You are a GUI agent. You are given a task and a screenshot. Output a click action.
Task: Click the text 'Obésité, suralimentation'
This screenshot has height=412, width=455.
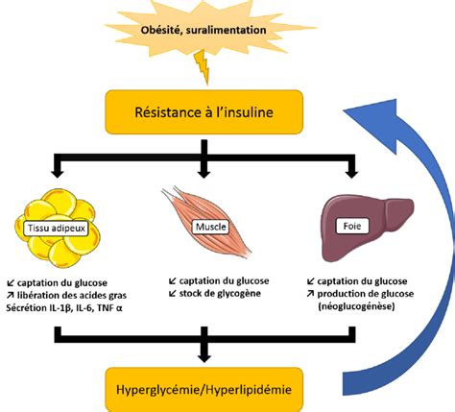(204, 30)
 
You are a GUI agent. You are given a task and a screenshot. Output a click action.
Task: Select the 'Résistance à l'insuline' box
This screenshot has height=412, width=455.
(204, 112)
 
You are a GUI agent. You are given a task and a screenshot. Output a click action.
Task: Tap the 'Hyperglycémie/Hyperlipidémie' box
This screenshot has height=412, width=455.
(204, 390)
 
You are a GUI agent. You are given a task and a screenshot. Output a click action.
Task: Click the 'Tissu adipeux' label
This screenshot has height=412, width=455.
(57, 228)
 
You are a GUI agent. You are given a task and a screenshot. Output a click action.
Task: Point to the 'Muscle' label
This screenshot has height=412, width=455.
(211, 227)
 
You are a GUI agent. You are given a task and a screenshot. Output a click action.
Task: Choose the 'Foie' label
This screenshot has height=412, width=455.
(352, 226)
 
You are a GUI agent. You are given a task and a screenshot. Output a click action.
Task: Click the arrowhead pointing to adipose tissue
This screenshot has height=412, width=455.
(58, 173)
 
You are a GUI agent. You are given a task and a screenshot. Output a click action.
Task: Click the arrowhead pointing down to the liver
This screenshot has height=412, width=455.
(351, 173)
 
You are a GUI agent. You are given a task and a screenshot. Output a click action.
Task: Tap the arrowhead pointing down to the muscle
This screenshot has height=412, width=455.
(204, 173)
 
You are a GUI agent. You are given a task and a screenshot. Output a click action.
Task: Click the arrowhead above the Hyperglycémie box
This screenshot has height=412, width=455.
(204, 357)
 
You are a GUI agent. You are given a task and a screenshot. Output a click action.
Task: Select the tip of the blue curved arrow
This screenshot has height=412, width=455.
(344, 110)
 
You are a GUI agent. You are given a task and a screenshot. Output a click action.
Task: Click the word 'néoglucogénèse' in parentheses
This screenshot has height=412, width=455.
(356, 306)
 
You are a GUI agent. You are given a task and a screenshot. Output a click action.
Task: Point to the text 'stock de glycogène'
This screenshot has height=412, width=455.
(220, 293)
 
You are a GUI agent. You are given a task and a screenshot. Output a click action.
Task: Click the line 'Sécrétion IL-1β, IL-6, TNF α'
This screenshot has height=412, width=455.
(64, 308)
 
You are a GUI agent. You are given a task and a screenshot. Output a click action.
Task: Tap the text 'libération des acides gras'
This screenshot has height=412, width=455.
(72, 295)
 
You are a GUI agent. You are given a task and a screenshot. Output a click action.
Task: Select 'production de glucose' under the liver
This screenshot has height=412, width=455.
(366, 294)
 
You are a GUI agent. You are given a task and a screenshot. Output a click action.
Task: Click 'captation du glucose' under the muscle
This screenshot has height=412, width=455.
(224, 280)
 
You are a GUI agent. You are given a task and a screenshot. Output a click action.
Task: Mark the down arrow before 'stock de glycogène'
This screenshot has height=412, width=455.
(173, 293)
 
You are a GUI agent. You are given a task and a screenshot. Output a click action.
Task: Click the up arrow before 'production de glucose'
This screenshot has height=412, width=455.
(310, 293)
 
